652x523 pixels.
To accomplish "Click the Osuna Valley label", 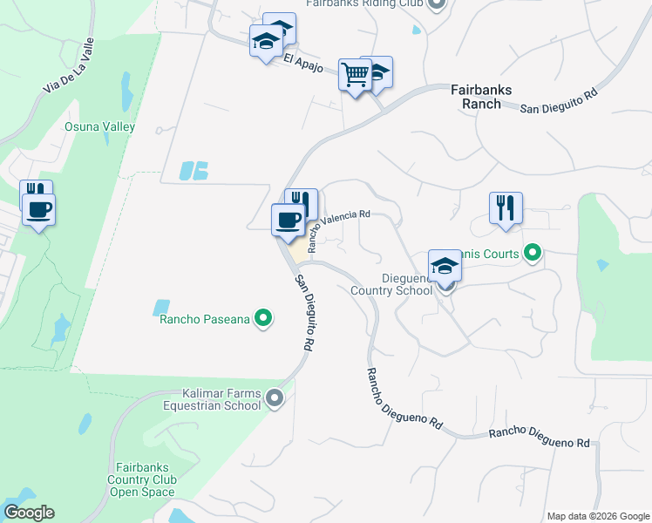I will point(99,126).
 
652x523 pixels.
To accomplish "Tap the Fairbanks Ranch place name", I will point(481,97).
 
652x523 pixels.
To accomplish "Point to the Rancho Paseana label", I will point(205,319).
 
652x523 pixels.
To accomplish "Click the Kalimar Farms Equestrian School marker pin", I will point(275,399).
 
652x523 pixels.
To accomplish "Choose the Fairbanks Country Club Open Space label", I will point(142,479).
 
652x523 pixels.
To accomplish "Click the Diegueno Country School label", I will point(391,285).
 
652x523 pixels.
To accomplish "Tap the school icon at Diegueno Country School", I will point(445,266).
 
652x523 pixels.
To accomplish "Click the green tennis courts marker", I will point(532,255).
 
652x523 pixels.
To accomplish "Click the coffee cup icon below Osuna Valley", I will point(38,209).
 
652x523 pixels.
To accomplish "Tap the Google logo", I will point(29,513).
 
